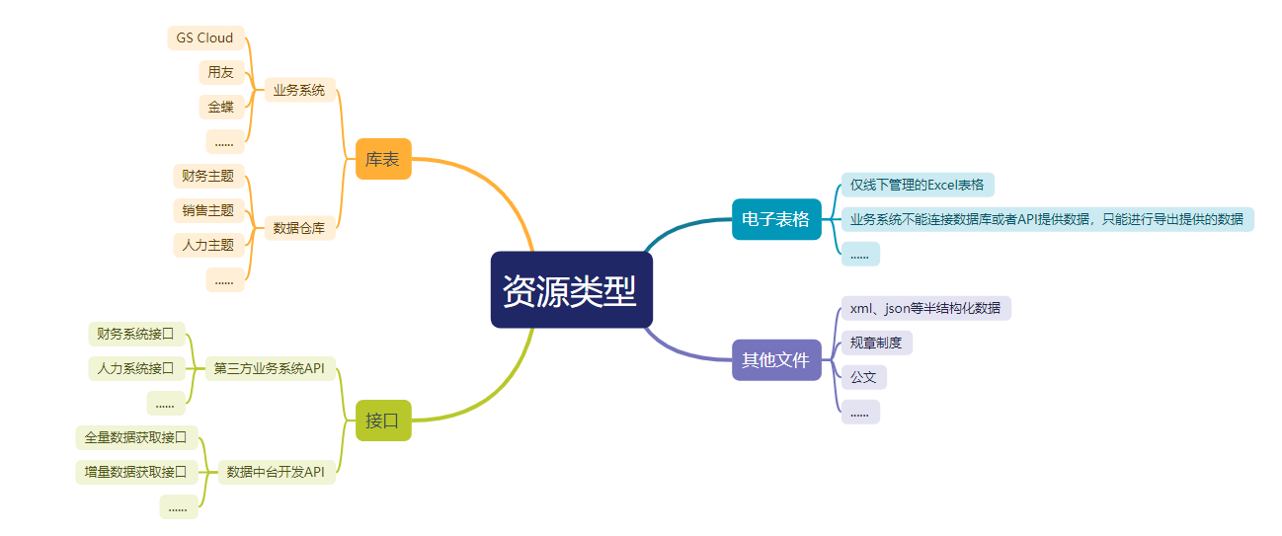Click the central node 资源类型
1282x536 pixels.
[x=571, y=289]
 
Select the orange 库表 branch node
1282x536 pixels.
[x=383, y=159]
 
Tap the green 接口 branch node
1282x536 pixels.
[x=383, y=421]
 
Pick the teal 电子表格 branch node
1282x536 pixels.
[x=776, y=219]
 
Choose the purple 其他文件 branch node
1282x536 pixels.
[x=776, y=360]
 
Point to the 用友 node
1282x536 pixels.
[x=221, y=73]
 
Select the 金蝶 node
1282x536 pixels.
[x=221, y=107]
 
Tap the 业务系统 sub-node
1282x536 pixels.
[x=299, y=90]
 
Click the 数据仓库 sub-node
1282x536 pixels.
[x=299, y=228]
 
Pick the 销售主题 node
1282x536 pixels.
[x=209, y=210]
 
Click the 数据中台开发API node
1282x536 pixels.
[x=277, y=472]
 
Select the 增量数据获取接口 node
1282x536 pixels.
[x=136, y=472]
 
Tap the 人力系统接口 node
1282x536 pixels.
[x=136, y=368]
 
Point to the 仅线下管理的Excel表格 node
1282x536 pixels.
[x=918, y=185]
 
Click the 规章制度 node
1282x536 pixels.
[x=877, y=343]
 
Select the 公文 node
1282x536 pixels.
[x=864, y=377]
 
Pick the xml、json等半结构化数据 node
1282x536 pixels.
[x=926, y=308]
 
